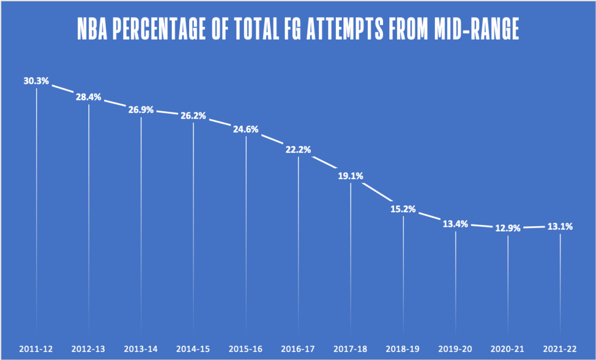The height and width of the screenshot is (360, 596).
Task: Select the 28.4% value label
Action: [x=88, y=97]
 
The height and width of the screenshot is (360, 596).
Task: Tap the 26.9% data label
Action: [x=141, y=109]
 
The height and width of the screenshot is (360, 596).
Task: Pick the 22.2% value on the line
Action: [x=298, y=149]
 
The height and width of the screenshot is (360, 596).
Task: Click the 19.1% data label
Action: [x=350, y=175]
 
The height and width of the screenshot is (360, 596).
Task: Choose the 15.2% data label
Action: [x=403, y=209]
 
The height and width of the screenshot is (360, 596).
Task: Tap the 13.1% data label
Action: [x=560, y=226]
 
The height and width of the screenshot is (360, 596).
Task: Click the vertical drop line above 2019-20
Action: [x=455, y=279]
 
